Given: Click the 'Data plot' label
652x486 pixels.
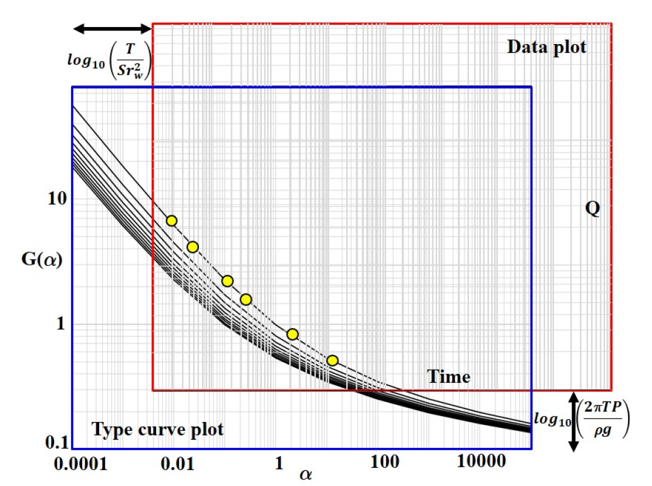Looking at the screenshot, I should click(546, 48).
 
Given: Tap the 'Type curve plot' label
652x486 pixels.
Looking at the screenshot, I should click(158, 430).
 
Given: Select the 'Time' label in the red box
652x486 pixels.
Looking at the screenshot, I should click(448, 376).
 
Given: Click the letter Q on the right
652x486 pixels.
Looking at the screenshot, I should click(593, 209).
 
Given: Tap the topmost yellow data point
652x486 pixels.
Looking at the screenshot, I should click(171, 221).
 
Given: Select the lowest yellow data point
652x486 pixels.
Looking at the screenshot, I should click(332, 360).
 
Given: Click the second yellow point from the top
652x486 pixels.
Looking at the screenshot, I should click(192, 247).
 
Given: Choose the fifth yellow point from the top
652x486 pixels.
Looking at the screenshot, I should click(292, 334).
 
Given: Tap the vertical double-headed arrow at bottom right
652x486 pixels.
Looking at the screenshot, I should click(575, 421).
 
